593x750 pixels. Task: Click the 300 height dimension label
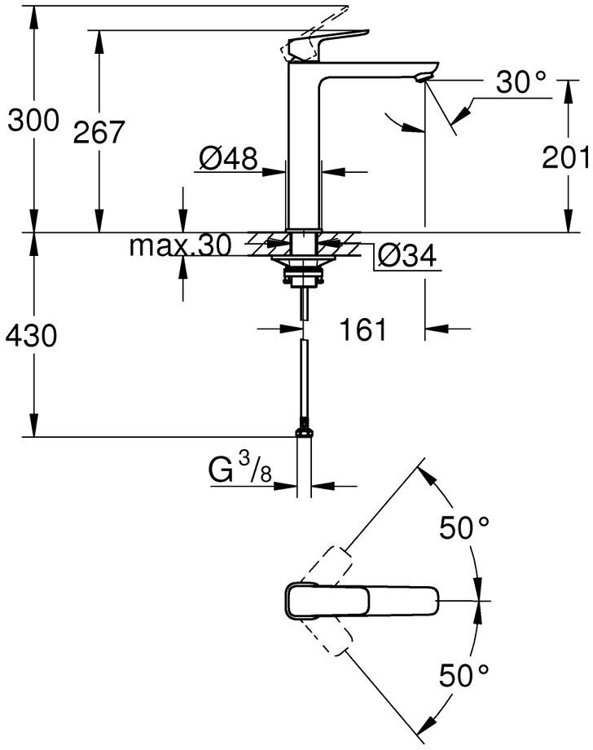[33, 121]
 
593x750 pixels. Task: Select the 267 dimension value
[99, 132]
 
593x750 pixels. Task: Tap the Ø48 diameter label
[227, 157]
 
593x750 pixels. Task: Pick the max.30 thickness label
[180, 245]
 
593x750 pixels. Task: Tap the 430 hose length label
[32, 335]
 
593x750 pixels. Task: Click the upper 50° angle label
[465, 528]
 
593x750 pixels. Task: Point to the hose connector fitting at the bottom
[304, 426]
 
